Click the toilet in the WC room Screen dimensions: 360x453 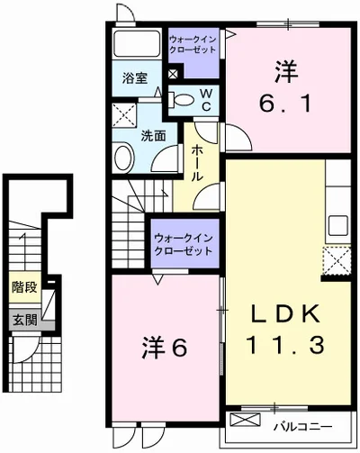click(x=181, y=100)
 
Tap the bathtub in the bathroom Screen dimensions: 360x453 click(x=137, y=43)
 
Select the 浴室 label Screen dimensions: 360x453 click(x=135, y=78)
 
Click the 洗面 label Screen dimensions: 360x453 click(x=153, y=136)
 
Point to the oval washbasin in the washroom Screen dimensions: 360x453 click(x=123, y=158)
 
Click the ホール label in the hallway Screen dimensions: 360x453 click(x=196, y=163)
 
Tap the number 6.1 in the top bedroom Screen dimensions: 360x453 click(x=285, y=103)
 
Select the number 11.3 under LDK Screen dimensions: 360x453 click(x=284, y=345)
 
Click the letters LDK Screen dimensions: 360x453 click(x=285, y=313)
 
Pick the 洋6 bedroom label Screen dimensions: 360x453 click(x=165, y=348)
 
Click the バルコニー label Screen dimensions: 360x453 click(x=302, y=427)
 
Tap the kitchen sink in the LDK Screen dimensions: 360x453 click(x=338, y=226)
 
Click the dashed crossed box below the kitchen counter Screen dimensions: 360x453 click(x=337, y=260)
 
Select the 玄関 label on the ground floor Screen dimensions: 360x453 click(x=25, y=321)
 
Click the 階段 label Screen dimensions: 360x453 click(x=24, y=287)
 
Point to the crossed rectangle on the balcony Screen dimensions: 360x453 click(x=245, y=420)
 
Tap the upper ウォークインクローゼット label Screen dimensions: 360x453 click(x=193, y=44)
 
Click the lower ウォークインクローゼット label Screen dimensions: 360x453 click(x=184, y=245)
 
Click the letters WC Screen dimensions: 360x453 click(x=206, y=100)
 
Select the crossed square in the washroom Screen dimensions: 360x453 click(x=124, y=115)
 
